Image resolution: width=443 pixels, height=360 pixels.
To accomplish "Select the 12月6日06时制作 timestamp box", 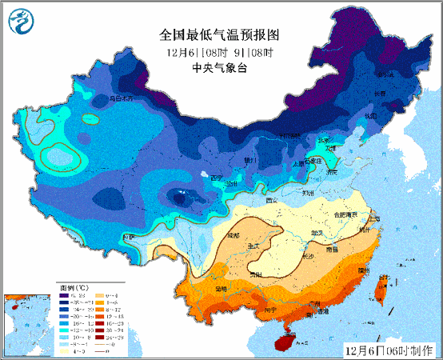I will (x=392, y=350).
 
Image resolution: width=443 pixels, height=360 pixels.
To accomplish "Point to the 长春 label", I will (x=381, y=94).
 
